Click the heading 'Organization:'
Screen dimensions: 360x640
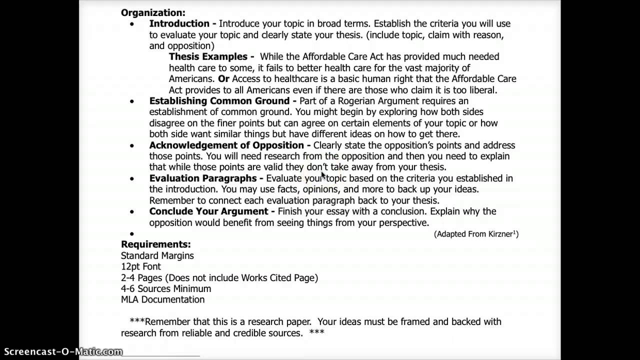[x=153, y=12]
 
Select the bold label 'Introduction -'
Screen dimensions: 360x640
[x=182, y=23]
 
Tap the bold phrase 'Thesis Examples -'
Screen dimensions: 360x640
[x=211, y=56]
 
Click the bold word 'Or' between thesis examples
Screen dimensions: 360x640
[x=223, y=79]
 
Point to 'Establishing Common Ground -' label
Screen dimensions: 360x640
[x=223, y=101]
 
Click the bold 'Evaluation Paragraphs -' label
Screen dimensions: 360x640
[x=206, y=178]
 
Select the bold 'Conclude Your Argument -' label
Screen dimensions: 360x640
[x=212, y=211]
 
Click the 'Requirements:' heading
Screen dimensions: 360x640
[x=155, y=244]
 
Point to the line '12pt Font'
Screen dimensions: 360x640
[x=140, y=266]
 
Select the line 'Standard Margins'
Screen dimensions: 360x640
[x=157, y=255]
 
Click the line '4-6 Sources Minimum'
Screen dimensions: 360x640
[x=165, y=288]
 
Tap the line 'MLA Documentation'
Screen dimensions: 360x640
[x=162, y=299]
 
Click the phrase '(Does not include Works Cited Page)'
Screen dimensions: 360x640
[x=241, y=277]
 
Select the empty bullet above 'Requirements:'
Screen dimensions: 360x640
[x=132, y=234]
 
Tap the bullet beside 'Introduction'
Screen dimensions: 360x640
[x=132, y=24]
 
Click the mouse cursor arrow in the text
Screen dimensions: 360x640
[x=323, y=175]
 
